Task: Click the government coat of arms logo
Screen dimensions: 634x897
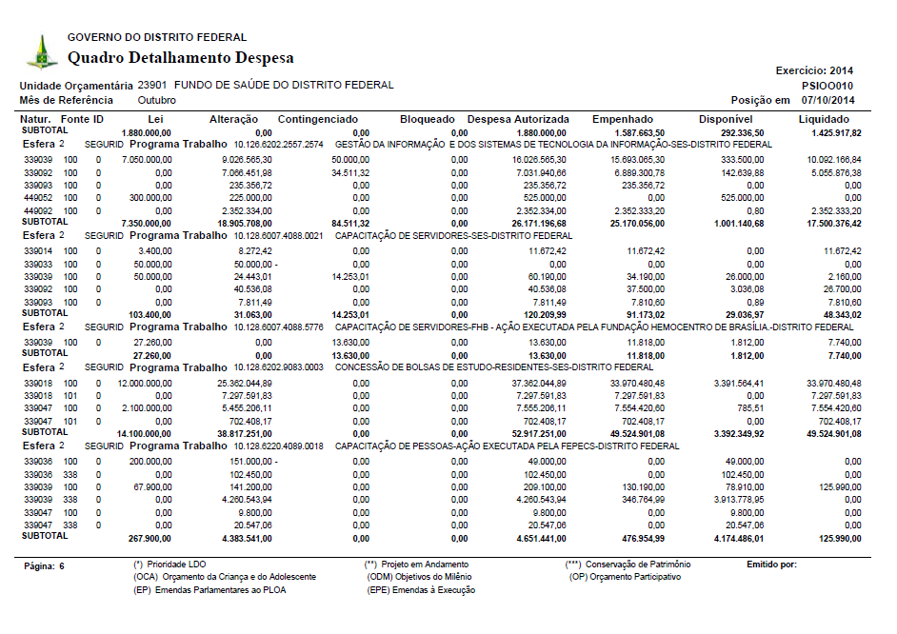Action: coord(41,51)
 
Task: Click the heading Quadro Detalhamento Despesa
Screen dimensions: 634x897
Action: coord(180,58)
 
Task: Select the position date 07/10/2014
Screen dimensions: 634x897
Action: coord(827,100)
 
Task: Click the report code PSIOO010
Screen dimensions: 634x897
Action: coord(827,85)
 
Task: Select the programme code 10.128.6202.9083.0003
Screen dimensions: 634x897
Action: coord(278,367)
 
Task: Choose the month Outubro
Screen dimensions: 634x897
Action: coord(156,100)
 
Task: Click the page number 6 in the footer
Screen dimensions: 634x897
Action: coord(62,565)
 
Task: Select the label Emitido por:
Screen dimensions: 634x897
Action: coord(771,565)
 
